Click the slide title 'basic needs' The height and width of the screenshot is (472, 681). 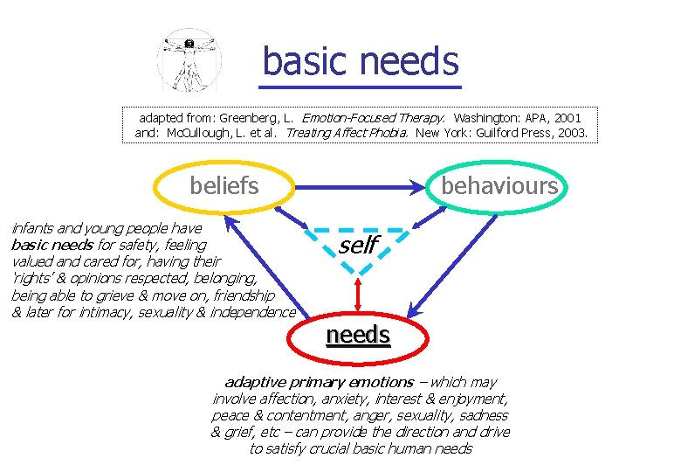coord(360,61)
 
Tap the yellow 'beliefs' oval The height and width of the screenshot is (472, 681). coord(224,185)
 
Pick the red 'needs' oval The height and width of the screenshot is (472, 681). coord(358,336)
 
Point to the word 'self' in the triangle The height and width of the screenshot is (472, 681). coord(358,246)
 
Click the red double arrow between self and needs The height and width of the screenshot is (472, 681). coord(358,295)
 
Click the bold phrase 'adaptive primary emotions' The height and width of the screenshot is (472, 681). coord(319,382)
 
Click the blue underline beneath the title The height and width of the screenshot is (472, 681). coord(360,87)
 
